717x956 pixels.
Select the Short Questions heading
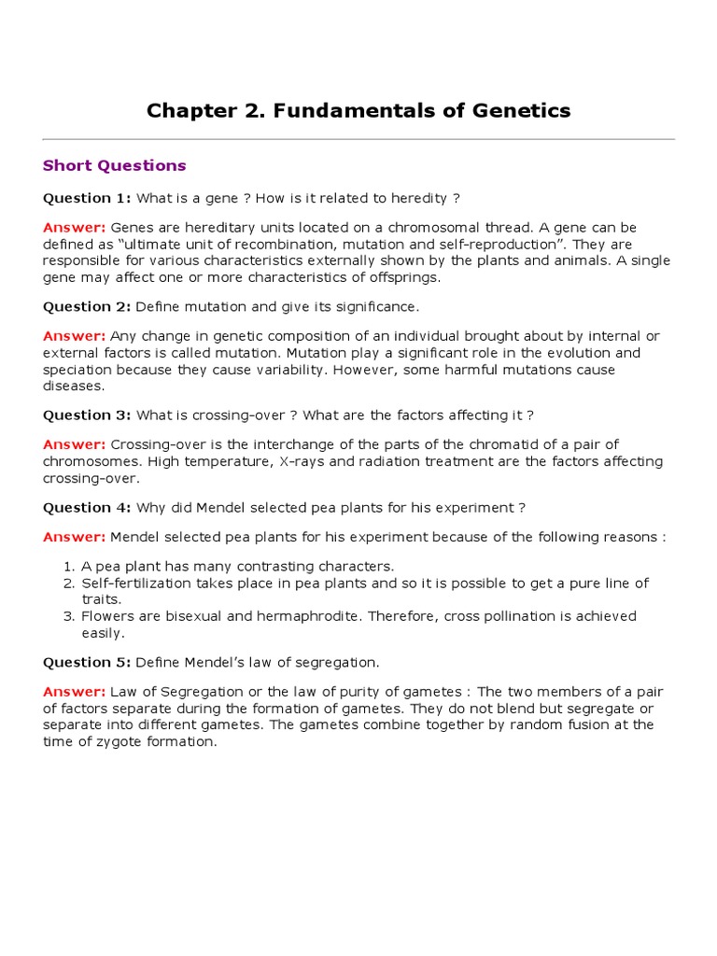(115, 165)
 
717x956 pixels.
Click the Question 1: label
(88, 198)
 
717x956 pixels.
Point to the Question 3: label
(88, 415)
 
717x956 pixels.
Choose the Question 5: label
(88, 662)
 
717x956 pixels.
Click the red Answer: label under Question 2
(75, 336)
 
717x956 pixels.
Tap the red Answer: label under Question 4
(75, 537)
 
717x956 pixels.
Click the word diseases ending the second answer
(74, 387)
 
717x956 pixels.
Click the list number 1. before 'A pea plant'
(68, 566)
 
